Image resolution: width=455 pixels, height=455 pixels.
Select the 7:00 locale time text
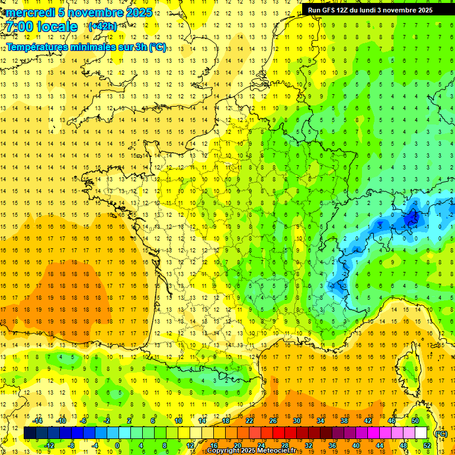(41, 27)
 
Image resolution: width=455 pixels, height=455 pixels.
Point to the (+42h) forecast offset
(102, 27)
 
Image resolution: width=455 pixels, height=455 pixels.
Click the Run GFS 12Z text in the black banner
(328, 10)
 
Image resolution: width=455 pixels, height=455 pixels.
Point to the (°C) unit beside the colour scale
(441, 434)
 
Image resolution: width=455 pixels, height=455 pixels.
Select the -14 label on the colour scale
(38, 421)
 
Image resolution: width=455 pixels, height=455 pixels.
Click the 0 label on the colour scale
(117, 446)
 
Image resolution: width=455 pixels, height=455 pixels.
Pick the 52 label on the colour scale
(427, 446)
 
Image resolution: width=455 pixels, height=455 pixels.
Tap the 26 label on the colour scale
(273, 421)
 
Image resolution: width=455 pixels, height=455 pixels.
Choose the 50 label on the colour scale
(415, 421)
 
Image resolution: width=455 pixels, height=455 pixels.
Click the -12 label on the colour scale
(49, 446)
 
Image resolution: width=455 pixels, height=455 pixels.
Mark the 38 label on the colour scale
(344, 421)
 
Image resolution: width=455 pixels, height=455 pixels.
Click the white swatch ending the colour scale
(421, 433)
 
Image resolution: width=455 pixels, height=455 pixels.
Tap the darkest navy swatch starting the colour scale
(30, 433)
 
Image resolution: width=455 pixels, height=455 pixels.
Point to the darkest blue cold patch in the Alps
(411, 221)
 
